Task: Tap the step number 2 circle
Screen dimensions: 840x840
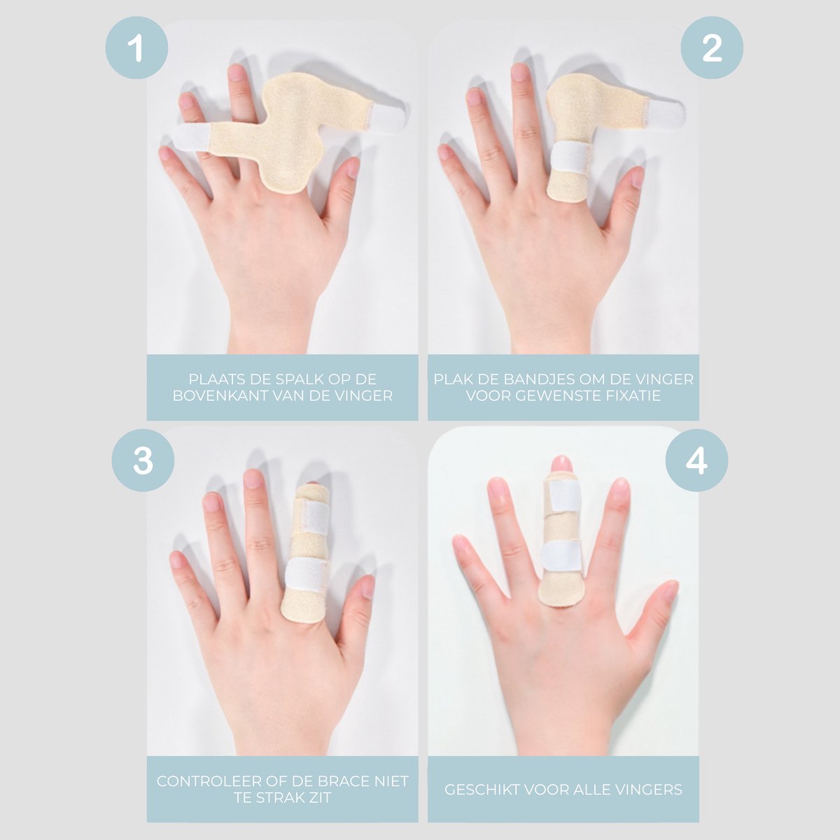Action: coord(712,48)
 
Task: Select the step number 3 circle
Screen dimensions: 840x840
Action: coord(143,461)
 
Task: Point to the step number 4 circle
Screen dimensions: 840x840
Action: coord(696,461)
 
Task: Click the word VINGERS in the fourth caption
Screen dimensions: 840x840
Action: coord(650,790)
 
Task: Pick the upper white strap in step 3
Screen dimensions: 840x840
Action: coord(315,517)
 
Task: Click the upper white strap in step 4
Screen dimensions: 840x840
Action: coord(563,496)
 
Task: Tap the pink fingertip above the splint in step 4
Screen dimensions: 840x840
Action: coord(561,463)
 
